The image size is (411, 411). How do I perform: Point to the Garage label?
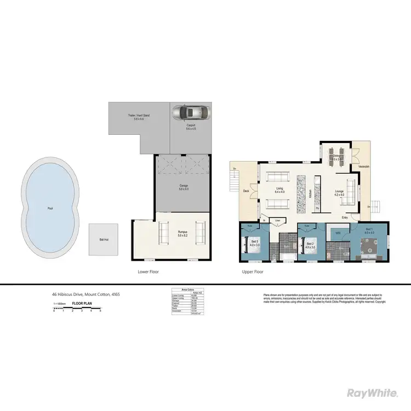click(x=184, y=186)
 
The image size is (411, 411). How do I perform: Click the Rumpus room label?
click(x=182, y=232)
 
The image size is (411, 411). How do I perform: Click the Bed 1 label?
click(x=369, y=230)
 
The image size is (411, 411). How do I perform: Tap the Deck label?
click(x=246, y=191)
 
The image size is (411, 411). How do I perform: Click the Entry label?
click(x=345, y=218)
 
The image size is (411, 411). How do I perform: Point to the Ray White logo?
click(x=373, y=392)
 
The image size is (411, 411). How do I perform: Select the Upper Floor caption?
click(x=253, y=272)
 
